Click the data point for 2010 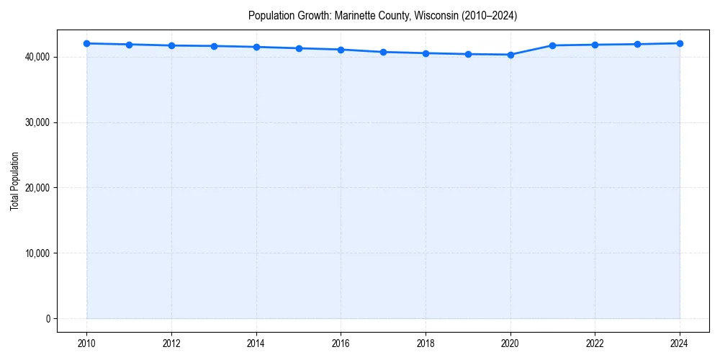click(x=86, y=43)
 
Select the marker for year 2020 click(x=510, y=55)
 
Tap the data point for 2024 click(x=680, y=43)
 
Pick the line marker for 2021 click(x=553, y=45)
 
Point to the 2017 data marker click(x=383, y=52)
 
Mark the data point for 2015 click(x=299, y=48)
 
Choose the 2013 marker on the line click(x=214, y=46)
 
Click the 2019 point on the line click(x=468, y=54)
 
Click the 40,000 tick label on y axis click(x=38, y=57)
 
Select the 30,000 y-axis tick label click(x=38, y=122)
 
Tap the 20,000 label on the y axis click(x=38, y=188)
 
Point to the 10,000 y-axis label click(x=38, y=253)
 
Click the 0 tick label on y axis click(x=48, y=319)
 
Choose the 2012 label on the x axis click(x=171, y=343)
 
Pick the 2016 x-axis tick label click(x=341, y=343)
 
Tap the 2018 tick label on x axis click(x=426, y=343)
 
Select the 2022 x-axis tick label click(x=595, y=343)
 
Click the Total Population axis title click(x=14, y=181)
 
